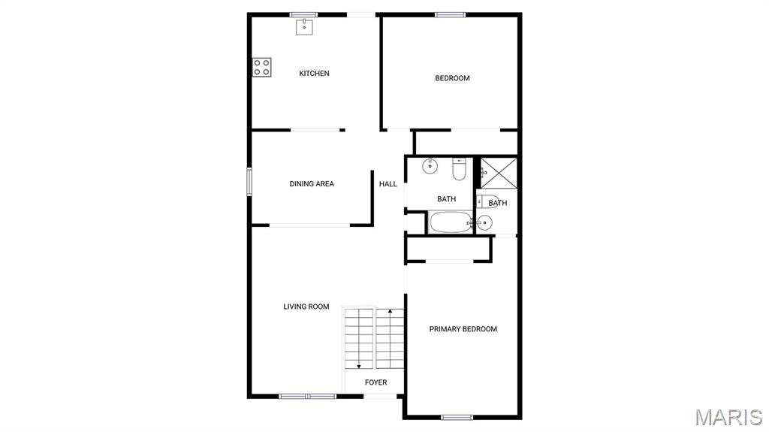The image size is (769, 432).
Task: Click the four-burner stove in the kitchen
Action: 262,68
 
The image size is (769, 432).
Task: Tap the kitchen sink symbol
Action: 304,27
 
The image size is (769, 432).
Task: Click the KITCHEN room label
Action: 315,74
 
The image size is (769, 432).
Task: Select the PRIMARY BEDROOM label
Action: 463,329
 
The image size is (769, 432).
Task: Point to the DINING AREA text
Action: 312,184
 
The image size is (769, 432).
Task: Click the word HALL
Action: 388,184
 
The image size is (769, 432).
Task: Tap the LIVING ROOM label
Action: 306,307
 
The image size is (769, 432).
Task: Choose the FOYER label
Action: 376,382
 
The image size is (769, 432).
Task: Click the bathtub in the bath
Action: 451,222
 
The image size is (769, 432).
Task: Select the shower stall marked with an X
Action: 499,173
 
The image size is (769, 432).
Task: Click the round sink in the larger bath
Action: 430,167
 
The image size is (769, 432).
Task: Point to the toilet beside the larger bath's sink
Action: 459,169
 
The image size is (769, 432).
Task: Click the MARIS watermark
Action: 729,417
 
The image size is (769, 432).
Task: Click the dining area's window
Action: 249,182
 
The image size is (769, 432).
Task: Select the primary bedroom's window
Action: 457,417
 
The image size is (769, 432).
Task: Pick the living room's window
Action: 307,396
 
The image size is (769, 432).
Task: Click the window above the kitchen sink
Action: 303,15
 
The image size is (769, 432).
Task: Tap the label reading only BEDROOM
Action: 453,78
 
